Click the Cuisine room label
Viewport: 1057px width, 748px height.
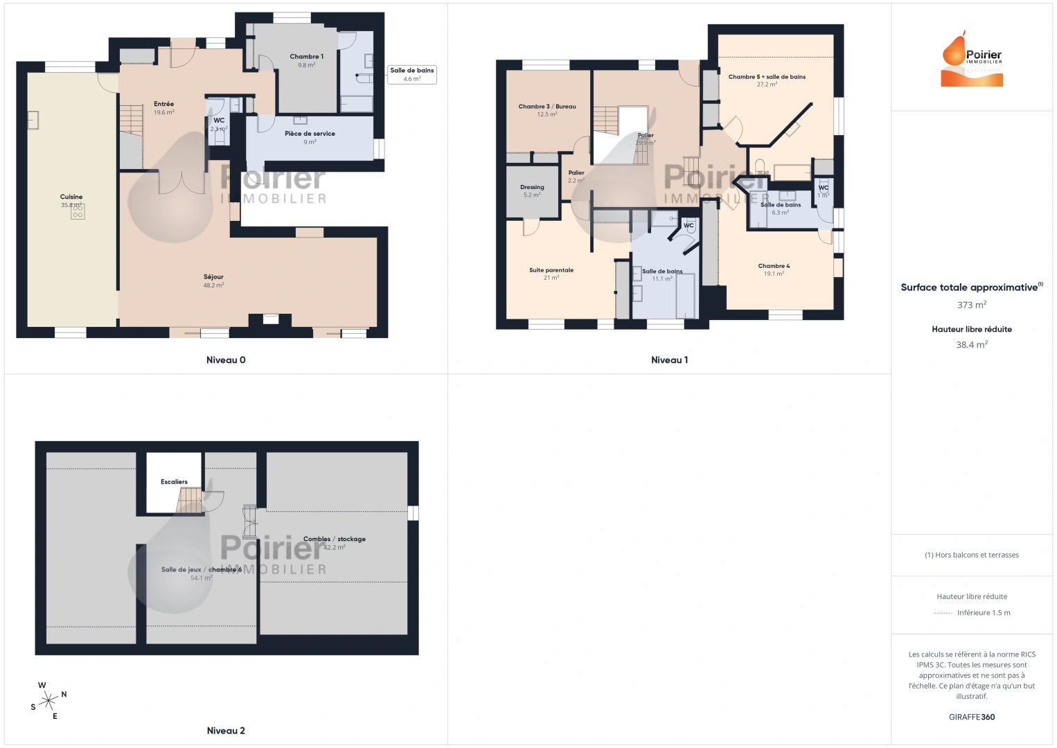(71, 197)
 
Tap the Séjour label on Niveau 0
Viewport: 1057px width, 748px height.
(213, 277)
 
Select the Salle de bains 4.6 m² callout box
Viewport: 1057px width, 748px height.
(411, 74)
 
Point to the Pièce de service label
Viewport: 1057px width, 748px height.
(310, 134)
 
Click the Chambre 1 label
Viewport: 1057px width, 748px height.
(306, 57)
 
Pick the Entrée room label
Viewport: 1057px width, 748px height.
(164, 104)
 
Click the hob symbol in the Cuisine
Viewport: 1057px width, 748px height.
(78, 212)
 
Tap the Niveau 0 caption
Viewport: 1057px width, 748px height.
(226, 360)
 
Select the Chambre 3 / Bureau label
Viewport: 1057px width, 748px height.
(547, 107)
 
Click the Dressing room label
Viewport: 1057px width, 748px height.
(532, 187)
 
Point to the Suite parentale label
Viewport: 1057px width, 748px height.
(551, 270)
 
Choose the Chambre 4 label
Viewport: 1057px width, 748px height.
(774, 266)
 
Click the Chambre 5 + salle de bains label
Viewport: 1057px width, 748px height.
(767, 77)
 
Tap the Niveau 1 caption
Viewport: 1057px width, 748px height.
(669, 360)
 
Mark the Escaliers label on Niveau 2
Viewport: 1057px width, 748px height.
(174, 482)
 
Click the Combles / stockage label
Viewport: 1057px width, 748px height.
(335, 539)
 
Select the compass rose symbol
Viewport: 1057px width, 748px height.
(48, 701)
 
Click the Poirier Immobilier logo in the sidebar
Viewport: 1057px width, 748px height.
(972, 60)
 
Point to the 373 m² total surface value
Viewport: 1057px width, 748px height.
(972, 305)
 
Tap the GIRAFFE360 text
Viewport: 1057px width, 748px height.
(972, 718)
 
